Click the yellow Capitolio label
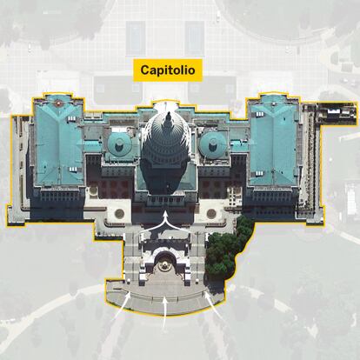pos(168,70)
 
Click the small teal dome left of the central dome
pos(119,143)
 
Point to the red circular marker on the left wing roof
pos(57,103)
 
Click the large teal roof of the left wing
pos(59,142)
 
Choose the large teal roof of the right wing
pos(274,142)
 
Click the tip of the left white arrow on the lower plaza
pos(130,293)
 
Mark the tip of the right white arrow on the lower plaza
pos(206,293)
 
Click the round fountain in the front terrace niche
pos(164,265)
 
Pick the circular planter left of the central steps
pos(119,214)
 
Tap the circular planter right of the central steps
pos(211,214)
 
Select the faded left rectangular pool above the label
pos(136,38)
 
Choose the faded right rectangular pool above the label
pos(194,38)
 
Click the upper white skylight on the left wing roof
pos(71,118)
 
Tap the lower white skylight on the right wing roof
pos(259,173)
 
